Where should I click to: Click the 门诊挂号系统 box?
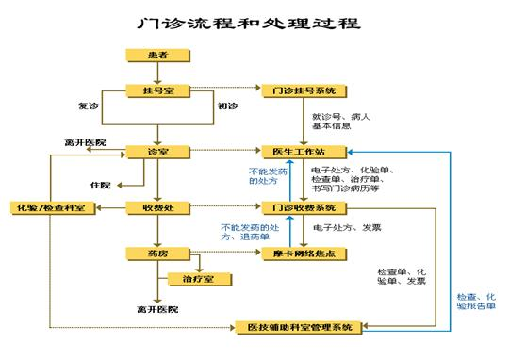point(304,91)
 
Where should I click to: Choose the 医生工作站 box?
point(304,151)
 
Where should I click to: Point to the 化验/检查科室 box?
point(49,206)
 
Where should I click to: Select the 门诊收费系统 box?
point(304,206)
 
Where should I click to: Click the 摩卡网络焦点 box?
point(304,252)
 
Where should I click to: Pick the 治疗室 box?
point(197,278)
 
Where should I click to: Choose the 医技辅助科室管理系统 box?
point(297,326)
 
